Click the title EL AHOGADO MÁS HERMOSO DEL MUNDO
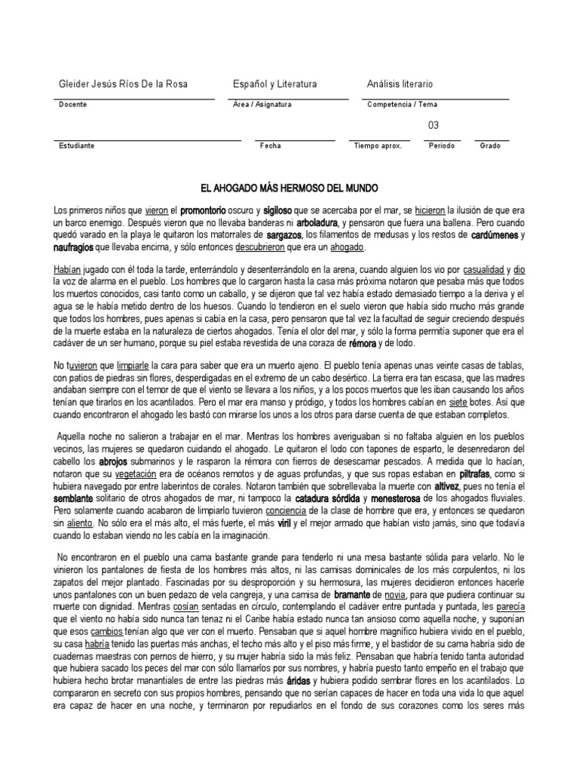[x=289, y=186]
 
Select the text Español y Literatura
[x=274, y=84]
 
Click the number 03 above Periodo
[x=433, y=125]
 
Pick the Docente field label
[x=72, y=105]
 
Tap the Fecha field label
[x=270, y=146]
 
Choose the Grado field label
[x=490, y=146]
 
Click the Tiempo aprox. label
[x=378, y=146]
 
